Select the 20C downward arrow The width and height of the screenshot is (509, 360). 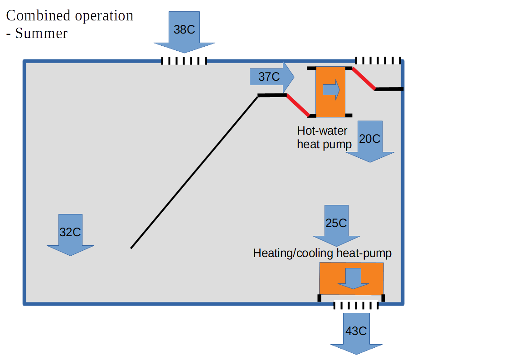(370, 140)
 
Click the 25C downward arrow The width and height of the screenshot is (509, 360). (336, 224)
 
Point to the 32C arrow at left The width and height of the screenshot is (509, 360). (70, 233)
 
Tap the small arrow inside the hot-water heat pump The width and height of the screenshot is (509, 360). (331, 90)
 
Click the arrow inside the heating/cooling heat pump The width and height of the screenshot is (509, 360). (354, 278)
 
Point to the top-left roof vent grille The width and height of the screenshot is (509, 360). (184, 61)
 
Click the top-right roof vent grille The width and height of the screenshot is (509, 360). (378, 60)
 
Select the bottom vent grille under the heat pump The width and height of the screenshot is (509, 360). (356, 306)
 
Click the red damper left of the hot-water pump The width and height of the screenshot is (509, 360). (298, 105)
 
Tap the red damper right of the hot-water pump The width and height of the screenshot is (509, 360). (364, 79)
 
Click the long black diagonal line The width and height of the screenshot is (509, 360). (194, 172)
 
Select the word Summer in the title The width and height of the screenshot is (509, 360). (41, 33)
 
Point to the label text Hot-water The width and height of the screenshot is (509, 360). (322, 131)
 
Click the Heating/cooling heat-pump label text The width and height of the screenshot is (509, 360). (322, 253)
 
